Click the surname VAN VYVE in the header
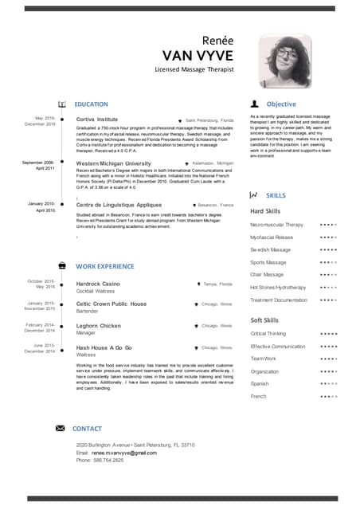198,55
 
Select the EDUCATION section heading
92,104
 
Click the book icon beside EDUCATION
62,104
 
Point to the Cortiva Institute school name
96,119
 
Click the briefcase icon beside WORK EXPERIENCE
62,265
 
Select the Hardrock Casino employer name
98,284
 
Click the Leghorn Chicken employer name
99,326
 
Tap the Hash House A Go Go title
104,348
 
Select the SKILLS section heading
276,195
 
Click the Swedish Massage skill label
270,249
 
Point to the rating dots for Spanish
328,383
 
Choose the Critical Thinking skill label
268,333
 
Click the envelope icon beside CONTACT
60,429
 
